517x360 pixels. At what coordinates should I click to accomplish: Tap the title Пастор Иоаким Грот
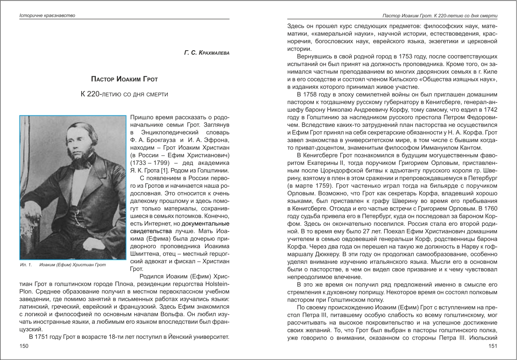pos(124,79)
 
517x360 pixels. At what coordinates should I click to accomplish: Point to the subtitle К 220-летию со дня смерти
pos(124,94)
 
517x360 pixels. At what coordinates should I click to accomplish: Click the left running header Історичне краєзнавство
pos(47,16)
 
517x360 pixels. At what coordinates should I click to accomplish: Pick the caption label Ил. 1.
pos(26,265)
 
